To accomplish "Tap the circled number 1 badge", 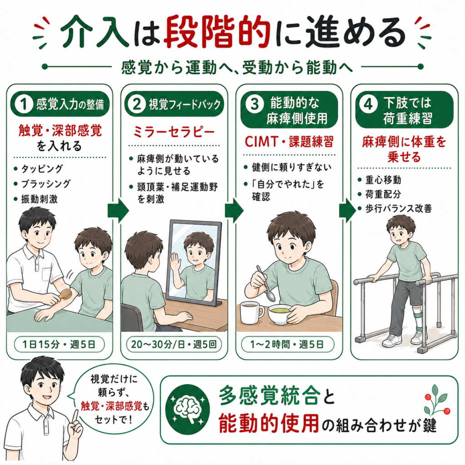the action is point(24,104).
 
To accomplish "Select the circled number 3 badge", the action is point(254,104).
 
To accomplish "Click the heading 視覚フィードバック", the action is point(184,104).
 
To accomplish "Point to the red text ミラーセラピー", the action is point(174,132).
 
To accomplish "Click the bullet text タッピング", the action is point(42,169).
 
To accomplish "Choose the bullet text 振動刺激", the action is point(40,199).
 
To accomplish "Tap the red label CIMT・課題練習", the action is point(289,142).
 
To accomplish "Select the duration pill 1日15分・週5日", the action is point(59,345).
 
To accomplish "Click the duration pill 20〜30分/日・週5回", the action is point(174,345).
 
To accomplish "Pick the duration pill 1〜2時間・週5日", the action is point(287,345).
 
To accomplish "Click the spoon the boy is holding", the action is point(265,283).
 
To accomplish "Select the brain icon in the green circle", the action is point(188,410).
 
